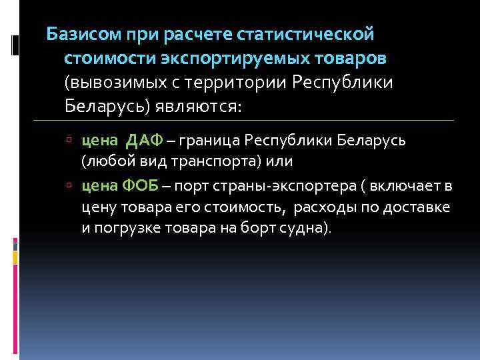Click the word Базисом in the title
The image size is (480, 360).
pyautogui.click(x=80, y=33)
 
